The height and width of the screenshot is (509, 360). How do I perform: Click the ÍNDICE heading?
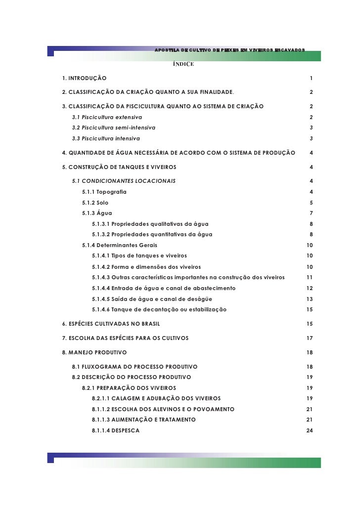pos(183,64)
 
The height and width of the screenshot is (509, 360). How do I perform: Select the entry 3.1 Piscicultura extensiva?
pos(107,117)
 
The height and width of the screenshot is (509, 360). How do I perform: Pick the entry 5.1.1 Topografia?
pos(104,192)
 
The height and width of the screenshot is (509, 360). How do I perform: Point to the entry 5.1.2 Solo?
pos(95,203)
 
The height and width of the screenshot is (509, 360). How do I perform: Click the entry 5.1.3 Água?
pos(97,213)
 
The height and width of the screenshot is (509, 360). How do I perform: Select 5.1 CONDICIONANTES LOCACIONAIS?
pos(124,181)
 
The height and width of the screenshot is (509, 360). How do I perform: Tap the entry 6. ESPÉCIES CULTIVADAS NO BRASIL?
pos(111,324)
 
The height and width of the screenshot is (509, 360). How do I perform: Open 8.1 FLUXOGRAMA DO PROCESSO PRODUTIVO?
pos(135,367)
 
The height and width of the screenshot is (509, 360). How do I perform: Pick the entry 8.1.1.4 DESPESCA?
pos(115,430)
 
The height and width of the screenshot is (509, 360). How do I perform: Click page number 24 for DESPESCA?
pos(310,430)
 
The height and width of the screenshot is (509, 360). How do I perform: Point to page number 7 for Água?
pos(311,213)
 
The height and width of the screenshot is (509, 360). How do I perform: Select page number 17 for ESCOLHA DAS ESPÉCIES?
pos(310,338)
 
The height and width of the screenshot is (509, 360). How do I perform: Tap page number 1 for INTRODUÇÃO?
pos(311,79)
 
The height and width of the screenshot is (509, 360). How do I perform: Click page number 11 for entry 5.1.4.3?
pos(310,277)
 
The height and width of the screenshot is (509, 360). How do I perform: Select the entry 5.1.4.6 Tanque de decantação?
pos(159,309)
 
